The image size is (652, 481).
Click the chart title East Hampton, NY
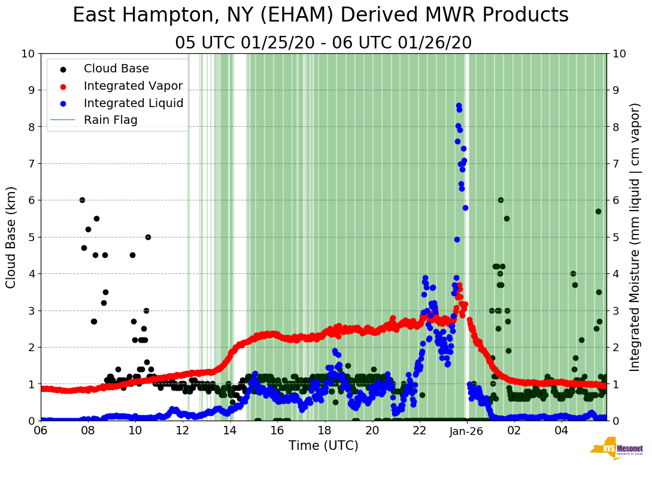[320, 16]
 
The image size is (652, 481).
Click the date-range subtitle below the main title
[323, 43]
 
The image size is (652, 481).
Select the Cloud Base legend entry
[116, 69]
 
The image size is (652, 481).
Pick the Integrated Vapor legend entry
[133, 86]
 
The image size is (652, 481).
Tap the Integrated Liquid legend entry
[134, 103]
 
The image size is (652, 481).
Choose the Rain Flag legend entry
[111, 120]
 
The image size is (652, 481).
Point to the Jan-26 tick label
[467, 431]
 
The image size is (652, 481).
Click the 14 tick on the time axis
[230, 431]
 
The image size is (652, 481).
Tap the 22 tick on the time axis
[420, 431]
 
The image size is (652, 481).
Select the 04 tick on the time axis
[562, 431]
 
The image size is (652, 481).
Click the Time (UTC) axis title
[323, 446]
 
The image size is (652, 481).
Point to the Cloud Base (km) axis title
[11, 237]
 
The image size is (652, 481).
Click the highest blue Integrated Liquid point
[459, 105]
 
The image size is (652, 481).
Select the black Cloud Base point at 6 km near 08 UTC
[82, 200]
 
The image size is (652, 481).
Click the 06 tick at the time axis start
[41, 431]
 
